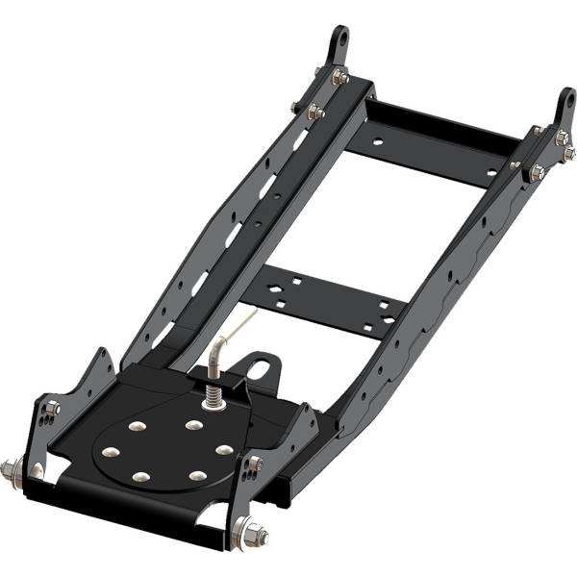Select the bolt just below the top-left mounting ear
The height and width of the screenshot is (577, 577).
[x=340, y=77]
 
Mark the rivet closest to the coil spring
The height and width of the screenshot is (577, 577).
[x=194, y=424]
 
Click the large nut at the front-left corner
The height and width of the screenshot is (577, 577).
[x=13, y=471]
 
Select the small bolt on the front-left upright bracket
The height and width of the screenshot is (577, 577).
[x=52, y=409]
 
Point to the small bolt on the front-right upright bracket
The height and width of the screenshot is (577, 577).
[x=254, y=464]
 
